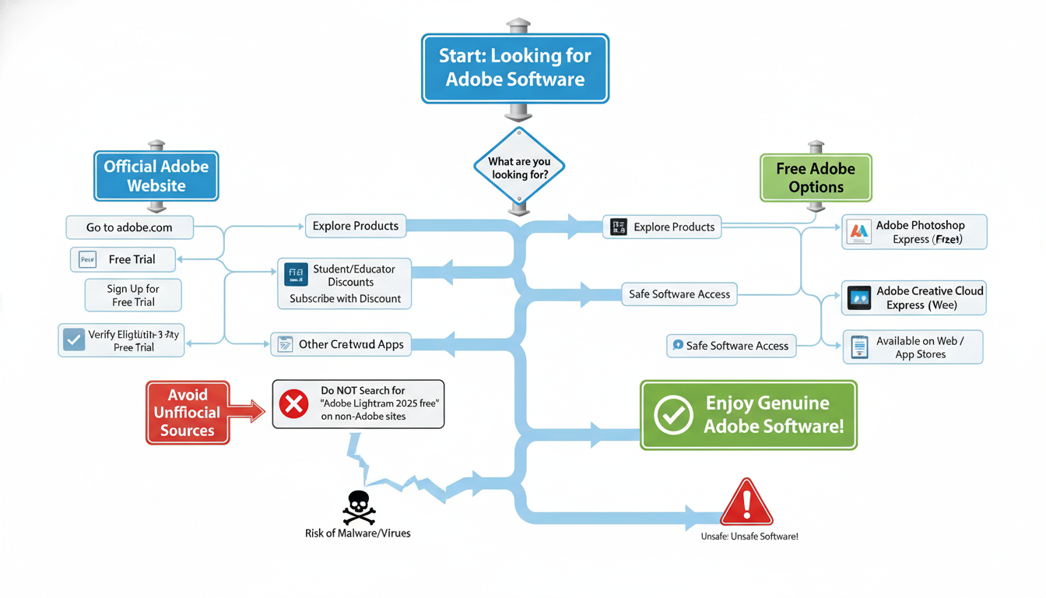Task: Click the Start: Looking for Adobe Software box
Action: [514, 68]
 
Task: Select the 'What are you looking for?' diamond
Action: [518, 167]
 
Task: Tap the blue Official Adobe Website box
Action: [156, 176]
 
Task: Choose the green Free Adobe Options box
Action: [815, 178]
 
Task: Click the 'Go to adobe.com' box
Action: [129, 227]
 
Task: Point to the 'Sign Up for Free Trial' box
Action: [133, 295]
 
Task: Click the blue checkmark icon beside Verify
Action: [74, 339]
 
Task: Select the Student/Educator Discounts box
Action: [345, 283]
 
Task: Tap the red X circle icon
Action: [293, 403]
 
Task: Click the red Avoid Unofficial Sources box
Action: [188, 413]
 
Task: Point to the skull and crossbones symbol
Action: [358, 508]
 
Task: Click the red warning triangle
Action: [746, 503]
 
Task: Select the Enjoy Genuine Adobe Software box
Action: [748, 415]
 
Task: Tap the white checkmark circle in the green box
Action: [673, 415]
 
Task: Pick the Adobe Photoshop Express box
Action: [914, 232]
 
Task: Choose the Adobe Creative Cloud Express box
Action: [914, 297]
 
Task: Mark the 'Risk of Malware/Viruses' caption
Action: [358, 533]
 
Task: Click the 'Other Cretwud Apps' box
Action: [342, 344]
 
